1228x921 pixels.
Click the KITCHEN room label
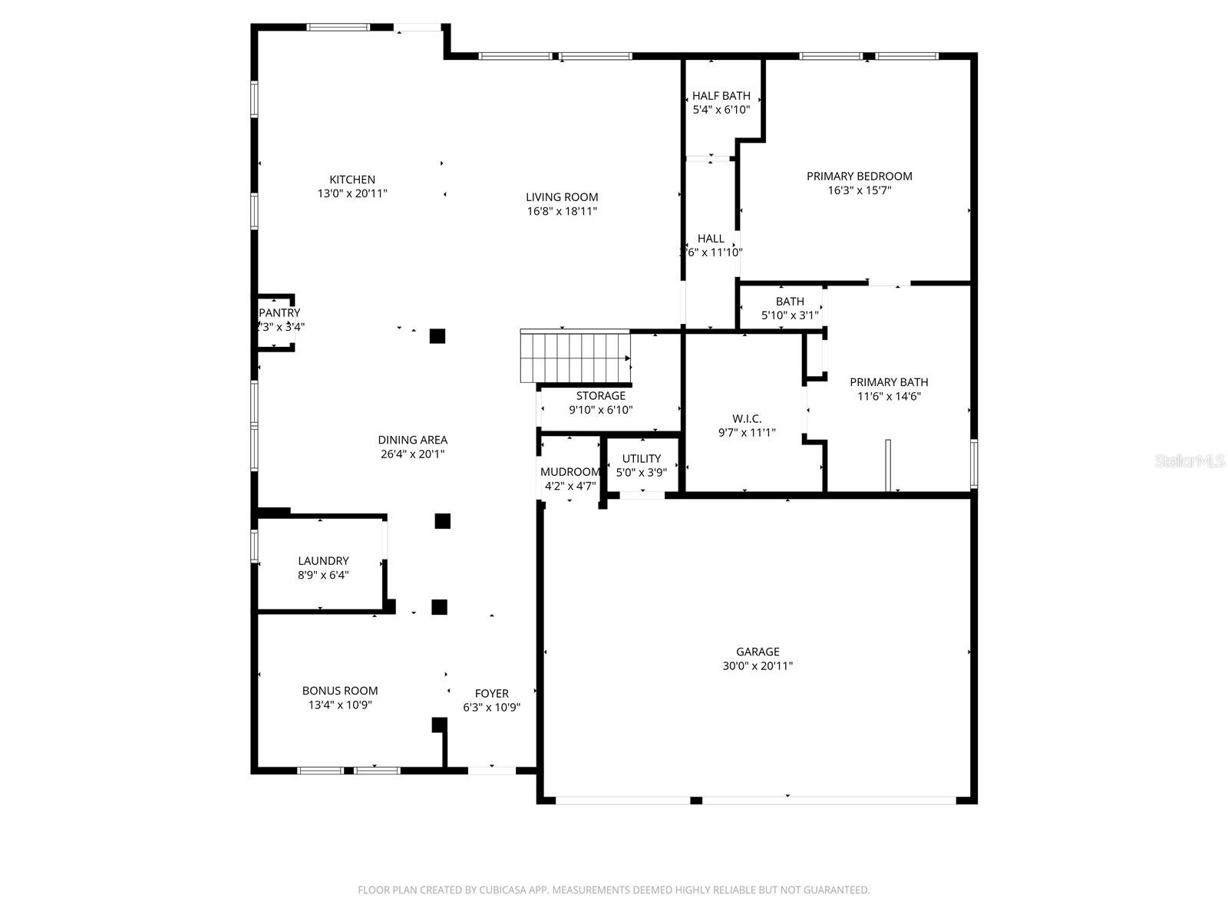[x=352, y=180]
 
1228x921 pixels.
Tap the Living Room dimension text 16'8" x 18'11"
[x=562, y=211]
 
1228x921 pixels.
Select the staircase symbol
[x=575, y=356]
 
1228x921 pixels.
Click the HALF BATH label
[x=721, y=96]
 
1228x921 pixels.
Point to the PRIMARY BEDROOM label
[x=859, y=176]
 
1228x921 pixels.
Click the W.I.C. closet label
[x=747, y=418]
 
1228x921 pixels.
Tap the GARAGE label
[x=758, y=652]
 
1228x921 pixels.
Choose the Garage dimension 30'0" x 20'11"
[x=758, y=666]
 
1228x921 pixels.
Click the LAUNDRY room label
[x=323, y=561]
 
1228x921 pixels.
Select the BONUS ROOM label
[x=339, y=691]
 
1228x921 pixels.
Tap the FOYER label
[x=491, y=693]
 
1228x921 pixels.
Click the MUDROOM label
[x=569, y=472]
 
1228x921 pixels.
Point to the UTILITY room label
[x=642, y=458]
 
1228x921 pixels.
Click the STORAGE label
[x=600, y=396]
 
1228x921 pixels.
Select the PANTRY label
[x=279, y=313]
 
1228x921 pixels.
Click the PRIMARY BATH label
[x=889, y=382]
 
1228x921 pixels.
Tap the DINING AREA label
[x=412, y=440]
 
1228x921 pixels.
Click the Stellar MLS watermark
[x=1190, y=461]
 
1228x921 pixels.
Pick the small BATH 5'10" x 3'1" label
[x=790, y=302]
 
